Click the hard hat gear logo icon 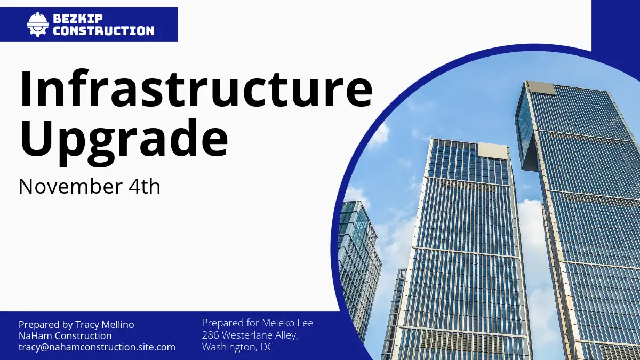[38, 25]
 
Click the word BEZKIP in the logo [78, 19]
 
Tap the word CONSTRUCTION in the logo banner [103, 31]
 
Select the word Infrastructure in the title [196, 89]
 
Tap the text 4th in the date [145, 186]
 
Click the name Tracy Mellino [105, 325]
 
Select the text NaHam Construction [65, 335]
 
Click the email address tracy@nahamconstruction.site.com [97, 347]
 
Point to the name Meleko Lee [287, 323]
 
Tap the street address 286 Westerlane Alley [250, 335]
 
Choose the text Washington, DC [238, 347]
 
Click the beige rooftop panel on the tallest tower [541, 87]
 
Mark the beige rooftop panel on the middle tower [493, 150]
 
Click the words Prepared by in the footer [46, 325]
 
